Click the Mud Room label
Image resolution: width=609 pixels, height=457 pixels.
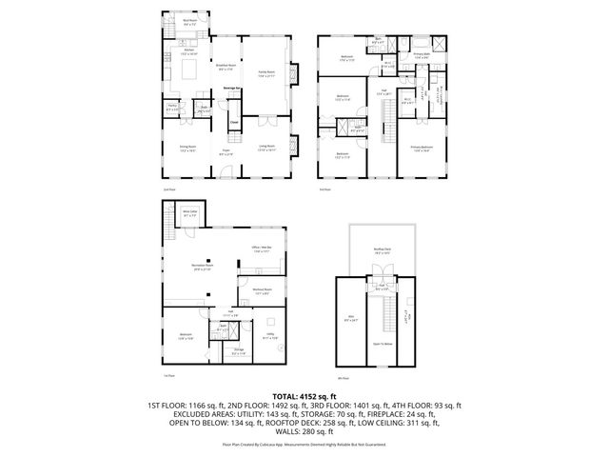point(189,19)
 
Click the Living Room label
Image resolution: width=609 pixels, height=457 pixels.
point(266,146)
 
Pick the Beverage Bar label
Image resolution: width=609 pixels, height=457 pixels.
point(229,89)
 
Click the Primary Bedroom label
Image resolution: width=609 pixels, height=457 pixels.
point(422,147)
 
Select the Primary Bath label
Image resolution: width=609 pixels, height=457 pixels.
point(421,56)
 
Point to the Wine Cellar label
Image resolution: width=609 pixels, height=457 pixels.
point(189,213)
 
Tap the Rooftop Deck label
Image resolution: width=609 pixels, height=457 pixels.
point(381,249)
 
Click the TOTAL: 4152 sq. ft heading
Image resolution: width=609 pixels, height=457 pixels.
point(304,394)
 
